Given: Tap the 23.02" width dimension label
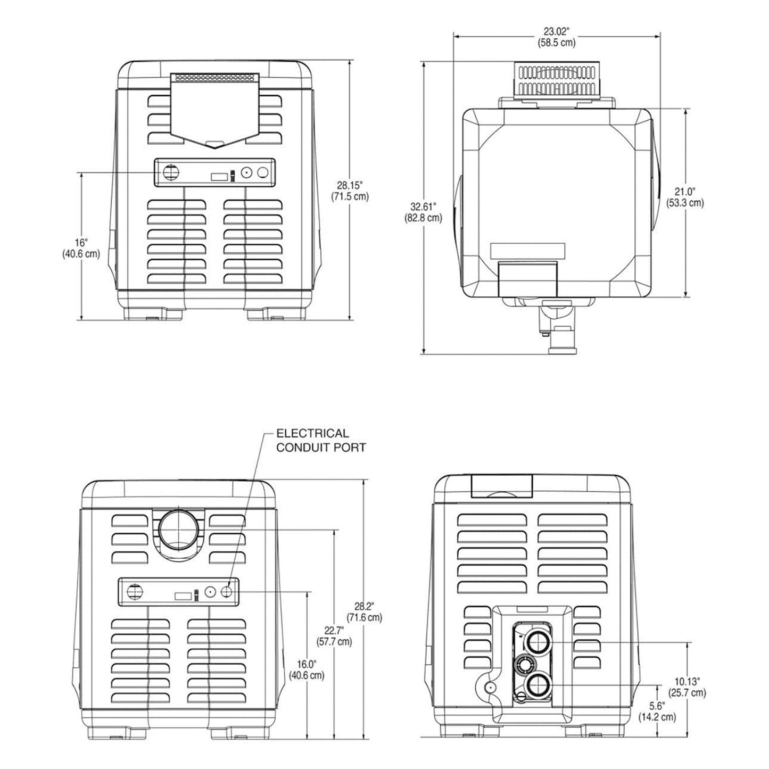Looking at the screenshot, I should pyautogui.click(x=556, y=37).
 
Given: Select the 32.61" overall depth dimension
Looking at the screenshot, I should pyautogui.click(x=426, y=211).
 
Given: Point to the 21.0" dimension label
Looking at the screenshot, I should pyautogui.click(x=685, y=197).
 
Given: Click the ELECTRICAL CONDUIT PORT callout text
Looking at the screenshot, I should pyautogui.click(x=320, y=440).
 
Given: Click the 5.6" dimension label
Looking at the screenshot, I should pyautogui.click(x=657, y=712).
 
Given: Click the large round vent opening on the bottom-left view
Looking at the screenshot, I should pyautogui.click(x=178, y=531).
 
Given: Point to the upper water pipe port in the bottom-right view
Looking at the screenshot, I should pyautogui.click(x=538, y=643).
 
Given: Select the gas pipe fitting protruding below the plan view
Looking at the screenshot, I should pyautogui.click(x=556, y=330).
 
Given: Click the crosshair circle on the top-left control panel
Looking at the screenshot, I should pyautogui.click(x=171, y=172).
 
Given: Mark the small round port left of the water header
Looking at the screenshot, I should pyautogui.click(x=488, y=688).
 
